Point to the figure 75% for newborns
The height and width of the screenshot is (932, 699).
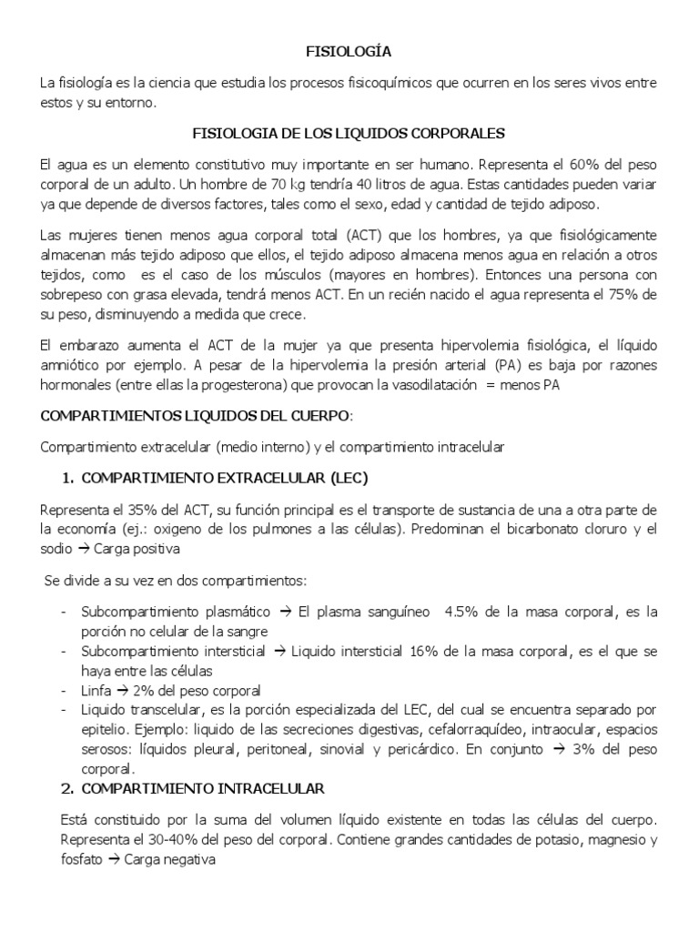(618, 297)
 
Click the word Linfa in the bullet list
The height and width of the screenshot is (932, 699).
(98, 689)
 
